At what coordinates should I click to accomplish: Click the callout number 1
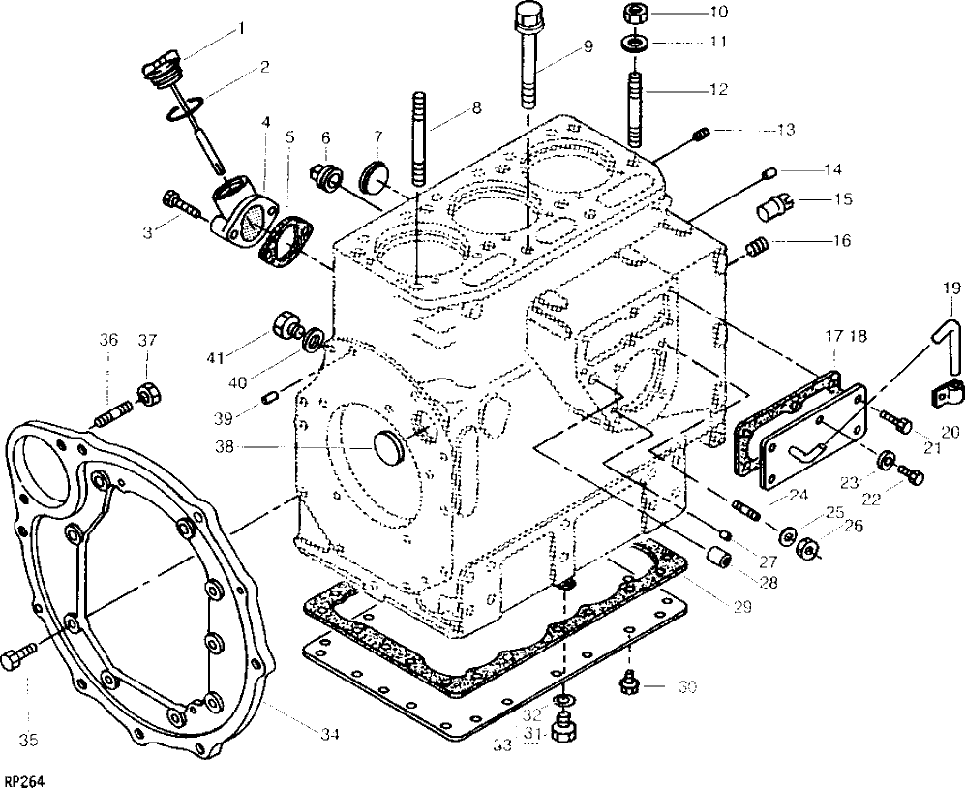tap(241, 28)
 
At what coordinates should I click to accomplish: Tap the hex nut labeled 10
tap(635, 13)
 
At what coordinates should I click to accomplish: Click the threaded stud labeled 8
tap(418, 138)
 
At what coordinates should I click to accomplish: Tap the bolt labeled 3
tap(182, 206)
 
